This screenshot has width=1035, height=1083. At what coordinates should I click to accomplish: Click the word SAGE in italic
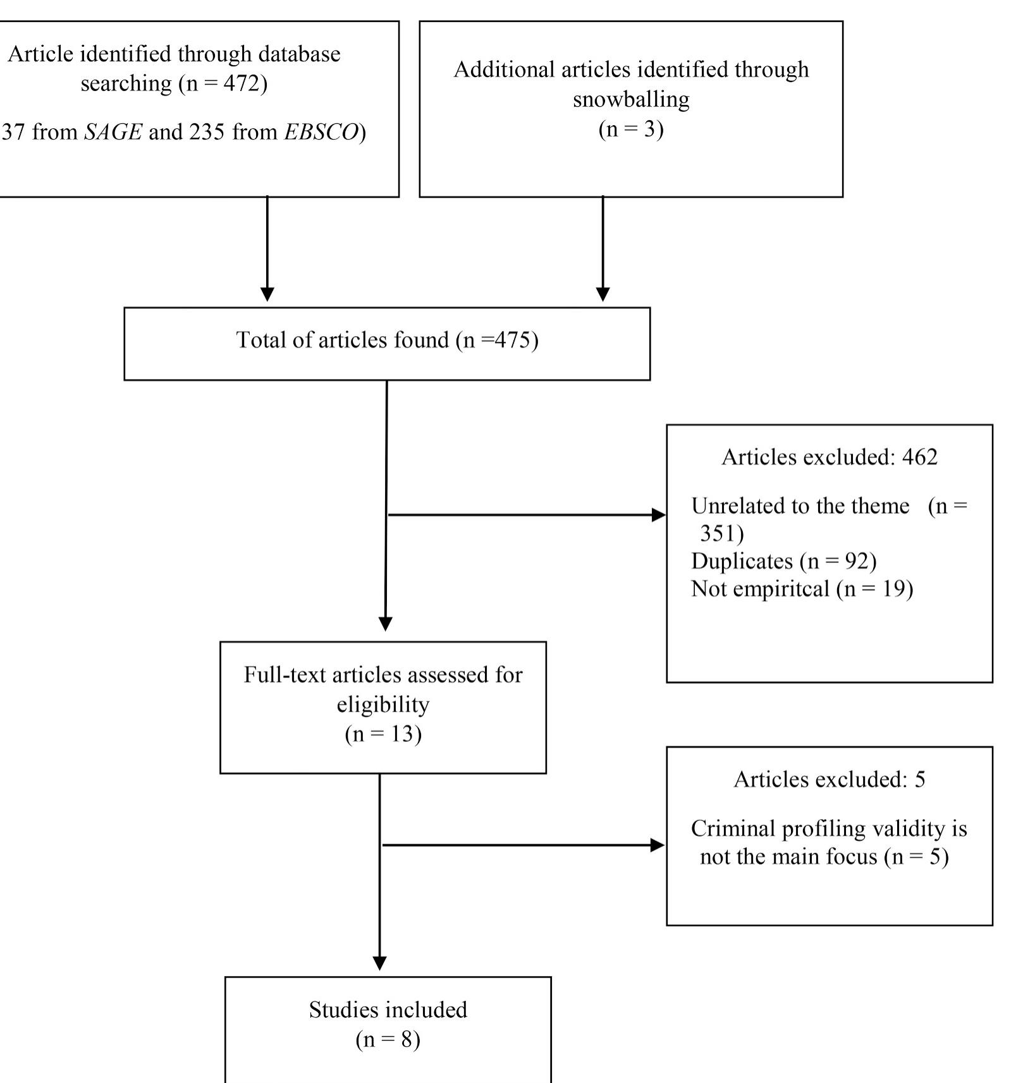113,132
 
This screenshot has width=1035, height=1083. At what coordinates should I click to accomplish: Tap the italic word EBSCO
321,132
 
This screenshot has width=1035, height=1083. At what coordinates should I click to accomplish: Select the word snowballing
630,99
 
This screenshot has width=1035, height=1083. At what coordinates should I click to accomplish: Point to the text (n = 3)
630,129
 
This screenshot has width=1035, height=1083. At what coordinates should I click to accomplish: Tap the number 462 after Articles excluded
919,457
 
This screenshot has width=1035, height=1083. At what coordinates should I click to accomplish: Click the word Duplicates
742,561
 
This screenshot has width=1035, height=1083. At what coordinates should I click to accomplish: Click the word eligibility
383,704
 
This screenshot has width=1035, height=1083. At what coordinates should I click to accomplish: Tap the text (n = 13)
383,734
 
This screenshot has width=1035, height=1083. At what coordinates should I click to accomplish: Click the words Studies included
388,1010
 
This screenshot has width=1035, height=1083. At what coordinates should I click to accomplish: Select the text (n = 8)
388,1039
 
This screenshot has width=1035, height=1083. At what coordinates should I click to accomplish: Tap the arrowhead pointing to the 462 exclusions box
659,515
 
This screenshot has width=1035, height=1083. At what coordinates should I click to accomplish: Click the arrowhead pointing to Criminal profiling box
658,845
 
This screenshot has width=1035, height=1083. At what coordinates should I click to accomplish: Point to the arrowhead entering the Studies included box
379,963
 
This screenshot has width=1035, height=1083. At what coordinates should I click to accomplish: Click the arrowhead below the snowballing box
603,294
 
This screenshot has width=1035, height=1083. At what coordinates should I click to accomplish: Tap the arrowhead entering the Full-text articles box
385,624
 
